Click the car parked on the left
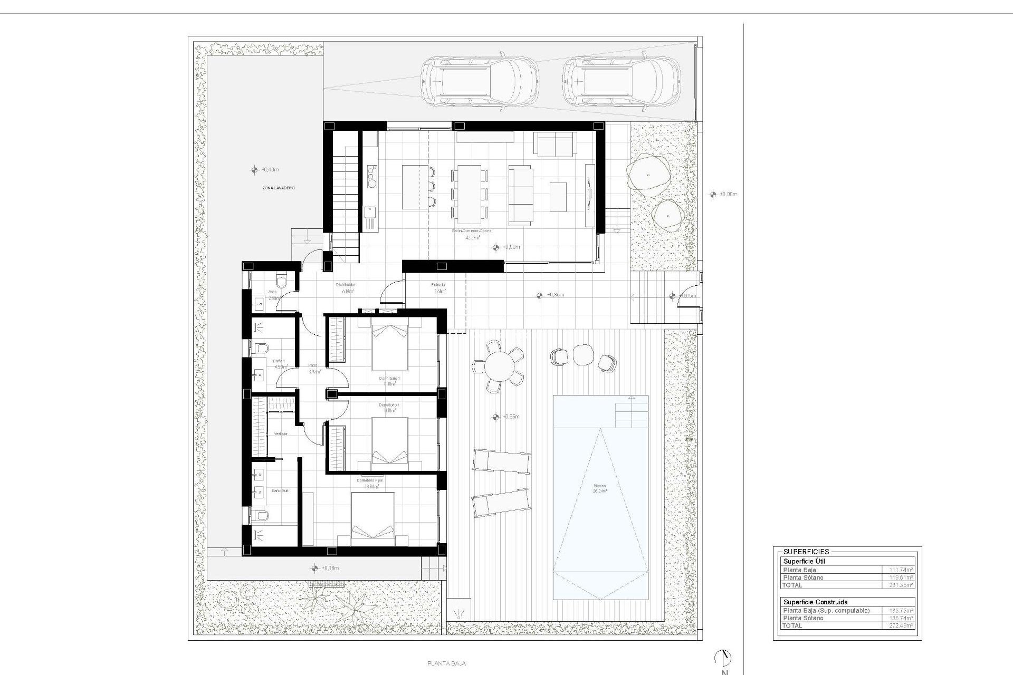click(x=479, y=82)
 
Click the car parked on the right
click(x=621, y=82)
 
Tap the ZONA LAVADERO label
click(x=279, y=188)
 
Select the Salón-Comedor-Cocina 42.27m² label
click(x=472, y=235)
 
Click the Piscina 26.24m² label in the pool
click(x=599, y=488)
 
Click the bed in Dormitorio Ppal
click(x=372, y=519)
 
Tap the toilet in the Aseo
click(x=281, y=280)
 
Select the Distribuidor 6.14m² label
click(x=346, y=288)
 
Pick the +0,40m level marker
click(x=254, y=170)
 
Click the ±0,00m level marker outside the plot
click(x=713, y=195)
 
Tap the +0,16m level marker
click(x=315, y=568)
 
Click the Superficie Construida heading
click(x=812, y=602)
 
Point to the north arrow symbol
click(x=723, y=657)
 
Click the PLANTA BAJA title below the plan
click(x=446, y=664)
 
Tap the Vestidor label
click(x=281, y=433)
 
